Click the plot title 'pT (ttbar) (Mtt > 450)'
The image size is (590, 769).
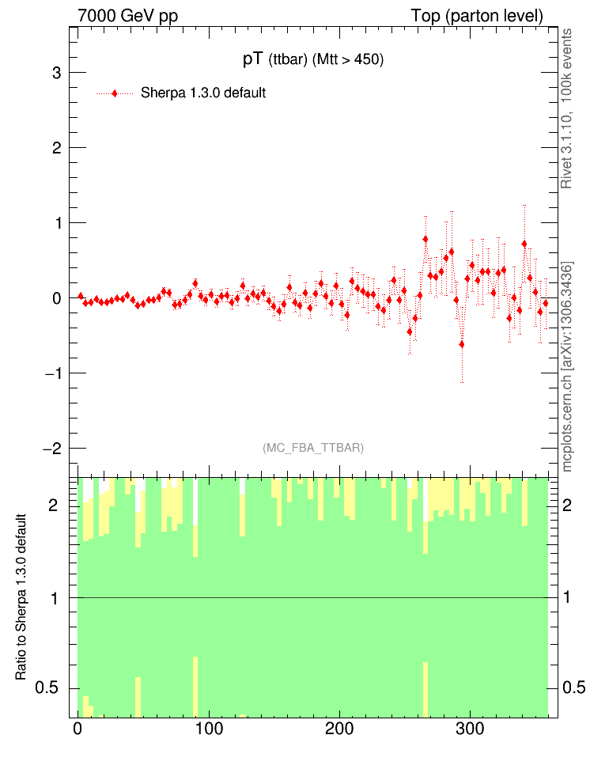click(x=312, y=60)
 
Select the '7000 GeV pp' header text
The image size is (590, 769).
click(x=127, y=17)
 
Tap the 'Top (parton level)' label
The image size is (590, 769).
click(x=477, y=17)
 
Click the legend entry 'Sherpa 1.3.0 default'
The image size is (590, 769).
click(x=203, y=93)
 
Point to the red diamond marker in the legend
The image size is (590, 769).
click(x=115, y=93)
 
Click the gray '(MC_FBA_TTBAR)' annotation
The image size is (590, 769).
click(x=313, y=448)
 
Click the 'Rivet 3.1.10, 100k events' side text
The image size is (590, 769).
click(x=566, y=108)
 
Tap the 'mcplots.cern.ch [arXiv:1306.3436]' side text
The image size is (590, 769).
click(x=566, y=366)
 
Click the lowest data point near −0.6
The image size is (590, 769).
click(x=462, y=344)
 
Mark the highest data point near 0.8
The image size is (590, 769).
click(x=425, y=239)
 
